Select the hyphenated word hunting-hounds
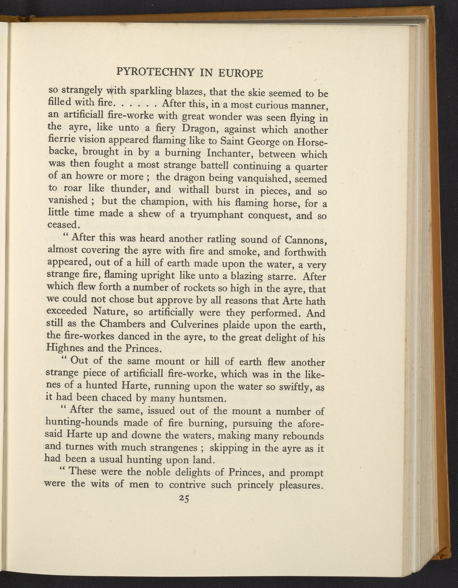coord(82,422)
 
